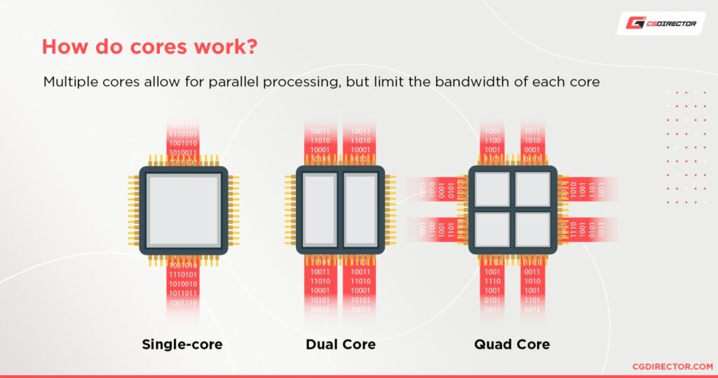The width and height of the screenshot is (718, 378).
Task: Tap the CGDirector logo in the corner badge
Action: pyautogui.click(x=657, y=24)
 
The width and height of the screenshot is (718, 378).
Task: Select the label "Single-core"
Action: pyautogui.click(x=182, y=344)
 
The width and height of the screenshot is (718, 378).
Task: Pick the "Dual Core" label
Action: pyautogui.click(x=340, y=344)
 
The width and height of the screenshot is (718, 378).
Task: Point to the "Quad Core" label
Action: pyautogui.click(x=512, y=344)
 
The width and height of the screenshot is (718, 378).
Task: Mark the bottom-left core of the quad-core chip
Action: pyautogui.click(x=492, y=230)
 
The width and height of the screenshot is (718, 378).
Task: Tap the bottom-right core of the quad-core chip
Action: pyautogui.click(x=533, y=230)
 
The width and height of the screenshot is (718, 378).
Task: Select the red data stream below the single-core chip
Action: pyautogui.click(x=183, y=287)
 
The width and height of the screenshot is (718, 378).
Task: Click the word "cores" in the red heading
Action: pyautogui.click(x=134, y=47)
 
